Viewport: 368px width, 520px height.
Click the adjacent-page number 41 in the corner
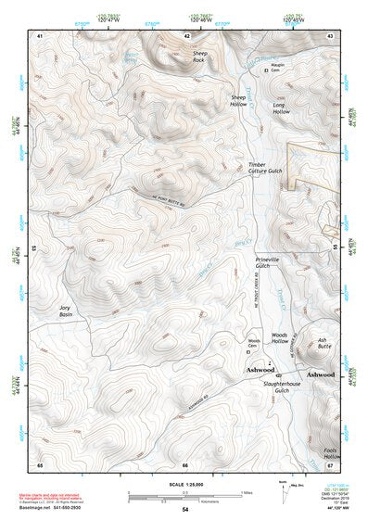pyautogui.click(x=40, y=34)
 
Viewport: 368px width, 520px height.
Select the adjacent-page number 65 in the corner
pyautogui.click(x=40, y=464)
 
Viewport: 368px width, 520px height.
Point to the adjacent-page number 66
pyautogui.click(x=184, y=464)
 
